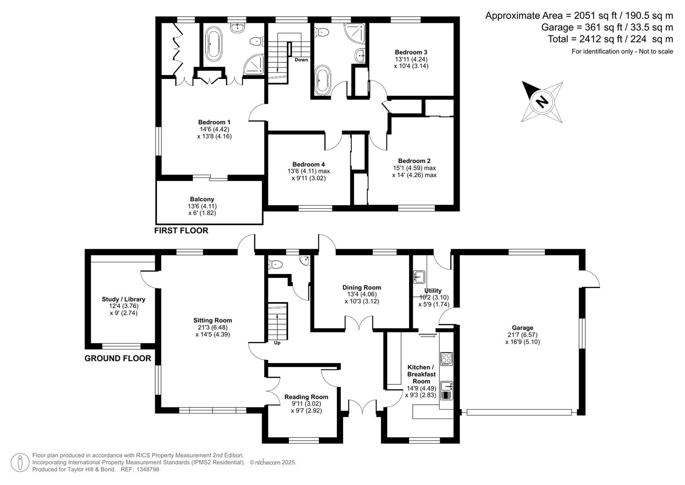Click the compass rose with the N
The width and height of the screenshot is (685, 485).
point(542,101)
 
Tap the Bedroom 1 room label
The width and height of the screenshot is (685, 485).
point(214,122)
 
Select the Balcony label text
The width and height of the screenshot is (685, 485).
point(202,199)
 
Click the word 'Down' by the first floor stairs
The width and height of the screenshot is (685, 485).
point(301,60)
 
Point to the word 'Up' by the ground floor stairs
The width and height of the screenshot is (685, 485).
point(277,343)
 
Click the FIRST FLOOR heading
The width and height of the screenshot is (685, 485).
point(181,230)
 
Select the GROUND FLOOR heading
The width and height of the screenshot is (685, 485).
point(118,358)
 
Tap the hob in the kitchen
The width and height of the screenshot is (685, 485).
point(446,358)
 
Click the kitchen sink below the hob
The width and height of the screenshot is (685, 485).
point(447,386)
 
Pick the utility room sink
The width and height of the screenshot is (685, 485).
point(419,277)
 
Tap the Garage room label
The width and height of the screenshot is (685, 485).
point(522,328)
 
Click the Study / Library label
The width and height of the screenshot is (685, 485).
point(123,299)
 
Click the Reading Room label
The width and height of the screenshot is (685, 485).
point(306,397)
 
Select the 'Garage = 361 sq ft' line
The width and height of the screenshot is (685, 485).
point(607,27)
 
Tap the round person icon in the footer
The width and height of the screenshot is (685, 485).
point(20,463)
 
